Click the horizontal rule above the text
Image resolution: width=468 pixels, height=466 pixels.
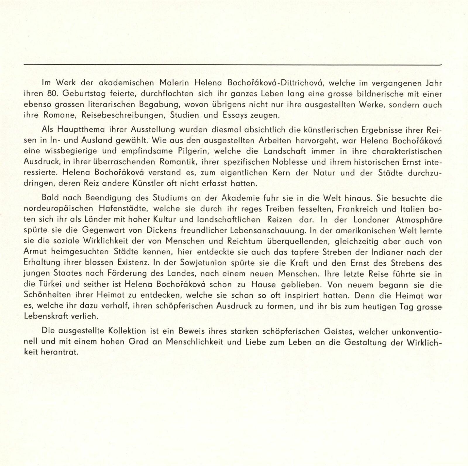point(233,64)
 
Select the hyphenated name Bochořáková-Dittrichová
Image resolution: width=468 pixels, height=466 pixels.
point(273,83)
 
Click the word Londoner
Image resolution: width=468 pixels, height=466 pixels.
point(371,219)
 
